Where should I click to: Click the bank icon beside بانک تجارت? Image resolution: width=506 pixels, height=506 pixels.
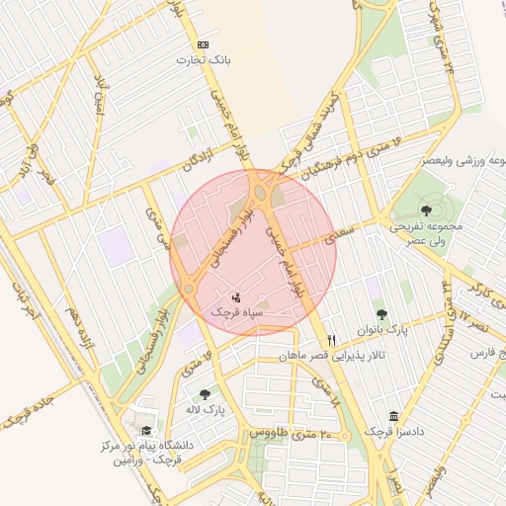[x=204, y=44]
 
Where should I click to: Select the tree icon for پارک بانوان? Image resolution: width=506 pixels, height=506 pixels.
[x=381, y=313]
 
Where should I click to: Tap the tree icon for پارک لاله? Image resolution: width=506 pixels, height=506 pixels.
[x=206, y=393]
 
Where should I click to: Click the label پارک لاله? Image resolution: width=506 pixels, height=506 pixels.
[x=208, y=408]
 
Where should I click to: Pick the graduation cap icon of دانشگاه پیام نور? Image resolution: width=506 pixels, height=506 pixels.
[x=147, y=431]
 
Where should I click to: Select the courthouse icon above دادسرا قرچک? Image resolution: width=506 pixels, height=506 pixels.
[x=394, y=416]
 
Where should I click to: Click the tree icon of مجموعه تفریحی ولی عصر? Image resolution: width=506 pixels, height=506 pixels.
[x=426, y=210]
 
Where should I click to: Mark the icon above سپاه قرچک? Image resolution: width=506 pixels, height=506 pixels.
[x=235, y=295]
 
